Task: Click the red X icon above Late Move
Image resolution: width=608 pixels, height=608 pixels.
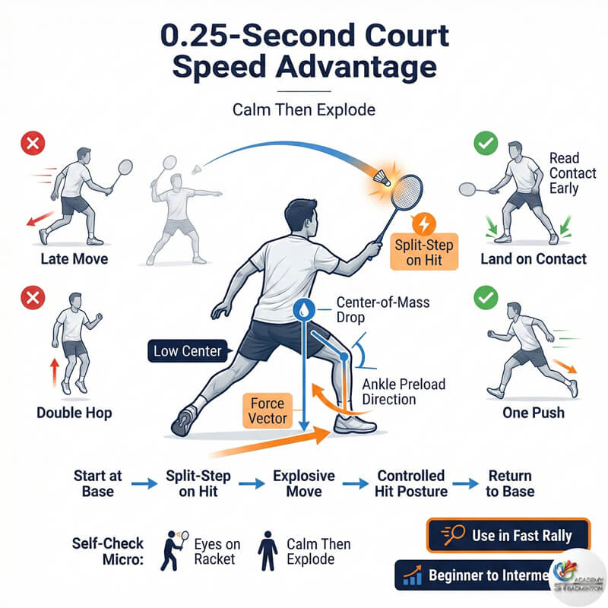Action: pos(31,143)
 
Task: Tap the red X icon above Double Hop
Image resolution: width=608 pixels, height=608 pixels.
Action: pos(31,298)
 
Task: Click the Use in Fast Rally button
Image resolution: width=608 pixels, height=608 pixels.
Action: pos(508,535)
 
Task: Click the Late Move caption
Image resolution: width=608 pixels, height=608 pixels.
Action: pos(74,260)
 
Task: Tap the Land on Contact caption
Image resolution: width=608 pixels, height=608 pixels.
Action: pos(533,260)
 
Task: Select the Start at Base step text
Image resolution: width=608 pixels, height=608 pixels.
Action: pos(97,483)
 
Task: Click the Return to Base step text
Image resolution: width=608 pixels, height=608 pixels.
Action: pos(510,483)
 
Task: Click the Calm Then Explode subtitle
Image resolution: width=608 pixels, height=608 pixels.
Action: pos(304,109)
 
